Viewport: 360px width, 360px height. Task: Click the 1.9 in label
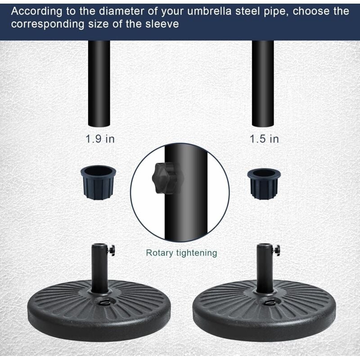pyautogui.click(x=100, y=139)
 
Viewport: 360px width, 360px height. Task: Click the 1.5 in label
pyautogui.click(x=265, y=139)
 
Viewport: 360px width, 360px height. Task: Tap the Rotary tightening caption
pyautogui.click(x=181, y=253)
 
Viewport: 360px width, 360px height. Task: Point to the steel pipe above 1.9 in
pyautogui.click(x=99, y=83)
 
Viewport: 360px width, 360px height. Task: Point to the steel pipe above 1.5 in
pyautogui.click(x=263, y=83)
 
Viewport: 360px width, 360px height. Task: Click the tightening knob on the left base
pyautogui.click(x=111, y=249)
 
